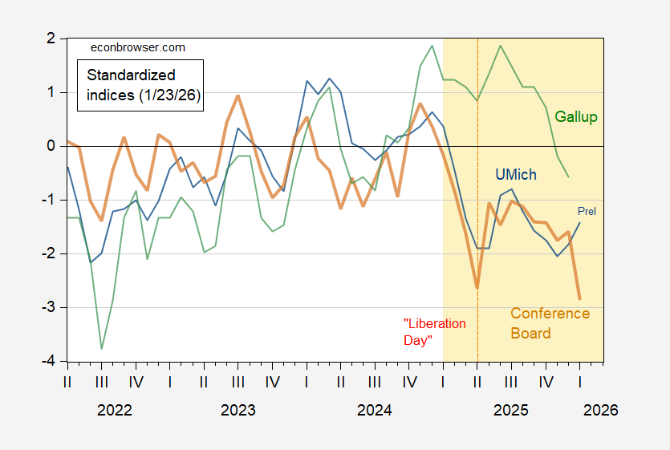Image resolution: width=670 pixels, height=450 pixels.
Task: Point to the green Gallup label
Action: coord(576,118)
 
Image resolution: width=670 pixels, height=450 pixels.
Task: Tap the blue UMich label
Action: coord(514,175)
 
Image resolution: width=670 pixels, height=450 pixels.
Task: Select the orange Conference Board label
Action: coord(550,322)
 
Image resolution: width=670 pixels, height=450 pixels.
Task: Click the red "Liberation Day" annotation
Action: coord(433,331)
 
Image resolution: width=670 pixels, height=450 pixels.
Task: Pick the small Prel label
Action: coord(587,211)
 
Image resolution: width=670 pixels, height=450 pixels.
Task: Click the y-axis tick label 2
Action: coord(50,39)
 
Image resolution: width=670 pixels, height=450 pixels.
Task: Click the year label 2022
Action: coord(114,410)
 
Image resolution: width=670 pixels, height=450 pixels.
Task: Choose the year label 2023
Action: coord(238,410)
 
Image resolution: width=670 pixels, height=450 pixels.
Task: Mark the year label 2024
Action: coord(374,410)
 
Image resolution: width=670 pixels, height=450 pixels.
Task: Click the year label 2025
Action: coord(510,410)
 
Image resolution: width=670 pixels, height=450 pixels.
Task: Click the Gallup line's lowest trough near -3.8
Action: coord(101,348)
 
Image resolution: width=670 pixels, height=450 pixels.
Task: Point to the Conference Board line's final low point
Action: coord(579,298)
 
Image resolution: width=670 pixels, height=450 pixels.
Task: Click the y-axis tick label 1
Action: coord(50,92)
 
